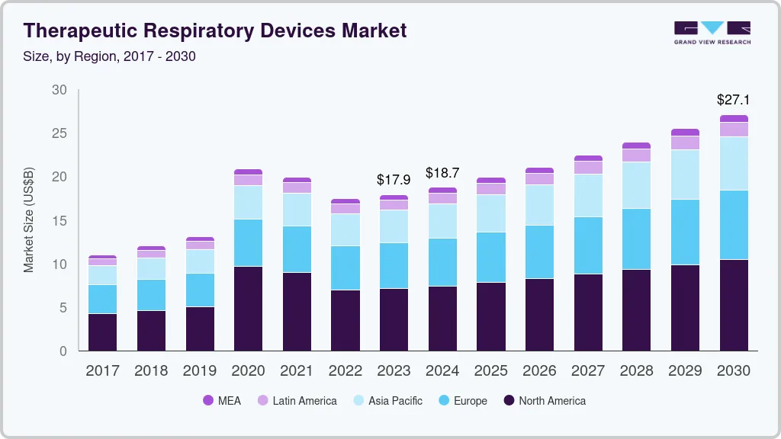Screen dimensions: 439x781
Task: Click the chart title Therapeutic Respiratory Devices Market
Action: [x=215, y=30]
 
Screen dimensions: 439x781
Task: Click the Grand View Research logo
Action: [x=712, y=32]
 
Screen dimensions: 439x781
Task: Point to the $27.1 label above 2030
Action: [x=733, y=100]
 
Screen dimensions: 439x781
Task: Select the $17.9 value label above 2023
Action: [x=394, y=180]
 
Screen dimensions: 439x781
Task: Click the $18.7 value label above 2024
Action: [x=442, y=173]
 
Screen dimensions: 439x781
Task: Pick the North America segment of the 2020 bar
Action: [x=248, y=309]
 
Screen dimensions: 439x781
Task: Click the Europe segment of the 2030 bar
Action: [x=734, y=225]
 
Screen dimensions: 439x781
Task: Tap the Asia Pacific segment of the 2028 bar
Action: [x=636, y=185]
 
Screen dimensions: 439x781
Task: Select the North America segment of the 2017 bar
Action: [x=102, y=332]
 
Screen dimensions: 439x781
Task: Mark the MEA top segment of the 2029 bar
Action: [x=685, y=133]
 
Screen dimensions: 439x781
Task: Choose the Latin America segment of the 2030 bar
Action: [x=734, y=130]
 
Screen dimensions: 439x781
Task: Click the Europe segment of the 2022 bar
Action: [x=345, y=268]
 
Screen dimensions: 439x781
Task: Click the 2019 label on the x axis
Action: [x=199, y=371]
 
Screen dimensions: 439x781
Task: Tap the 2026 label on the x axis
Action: [x=539, y=371]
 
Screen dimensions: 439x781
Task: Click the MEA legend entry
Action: [x=221, y=401]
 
